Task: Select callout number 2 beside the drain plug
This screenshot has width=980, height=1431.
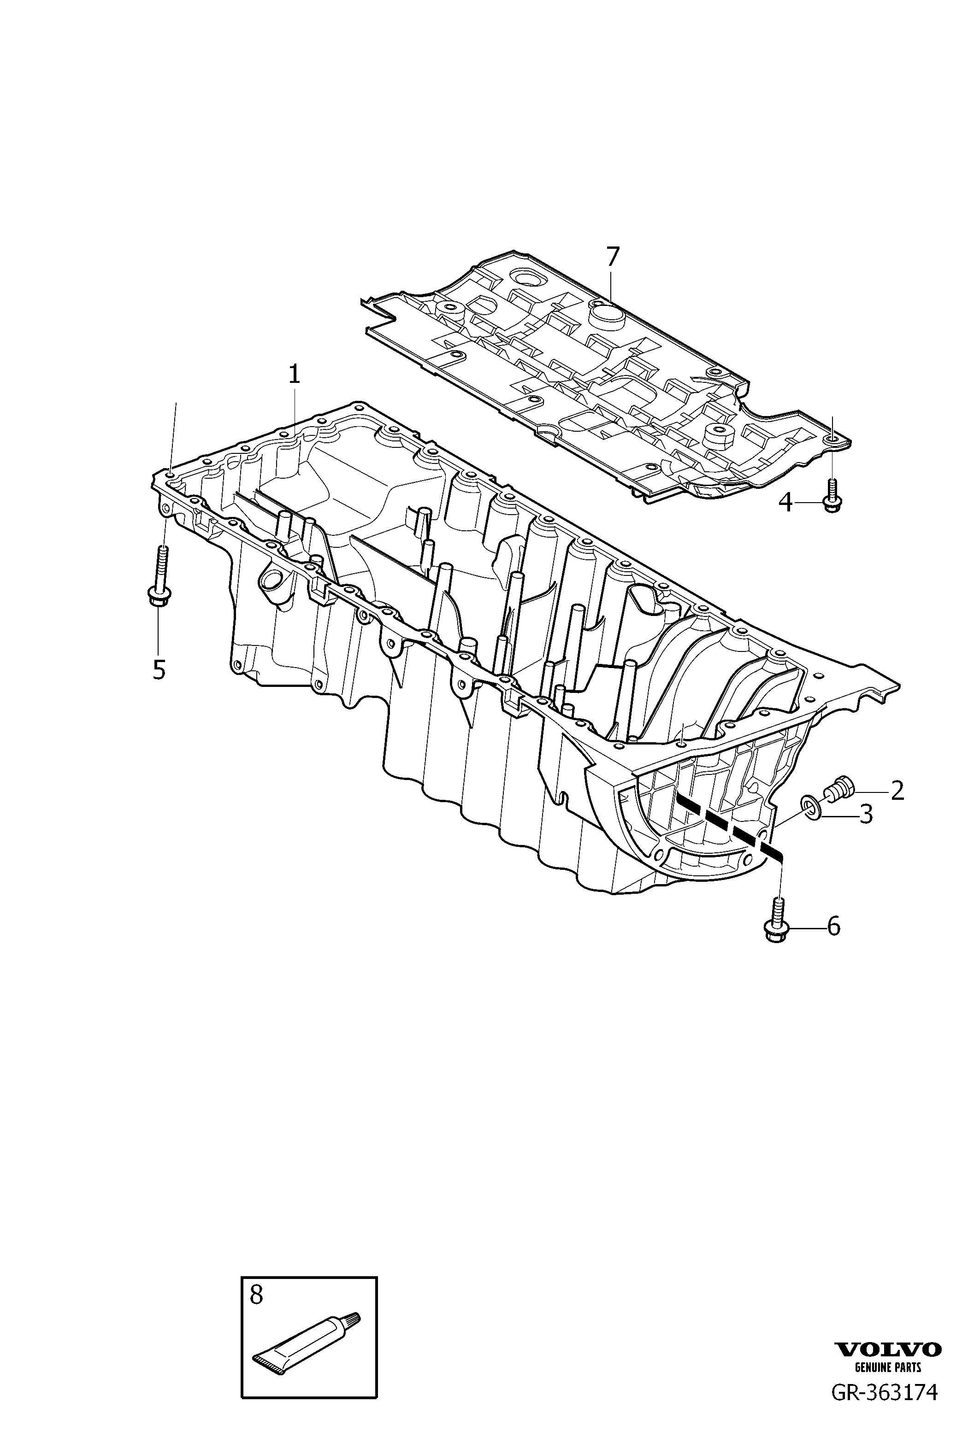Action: [x=897, y=791]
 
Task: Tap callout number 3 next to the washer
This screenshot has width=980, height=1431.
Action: [x=866, y=815]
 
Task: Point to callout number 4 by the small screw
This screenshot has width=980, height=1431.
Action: [x=785, y=503]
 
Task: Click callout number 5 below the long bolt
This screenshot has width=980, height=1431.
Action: [x=159, y=670]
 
